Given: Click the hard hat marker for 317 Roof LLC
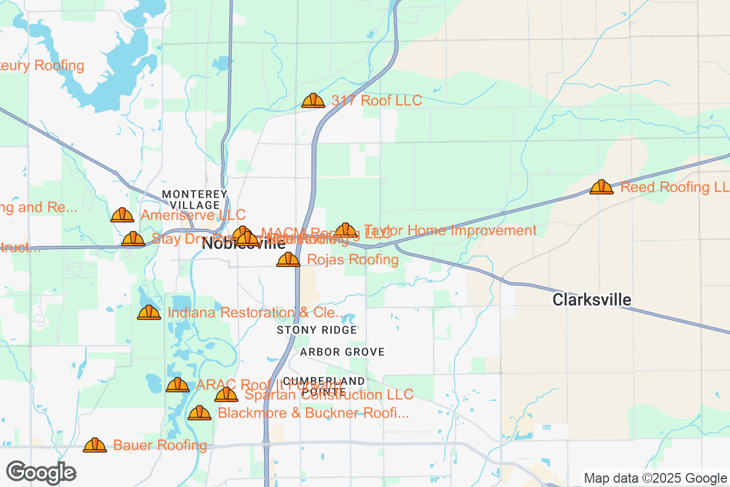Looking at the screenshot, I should point(313,100).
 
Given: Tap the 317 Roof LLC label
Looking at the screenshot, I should point(377,100).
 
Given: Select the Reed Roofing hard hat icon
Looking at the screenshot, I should point(602,187).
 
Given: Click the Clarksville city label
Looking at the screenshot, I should point(591,300).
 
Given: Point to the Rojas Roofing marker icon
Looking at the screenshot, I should point(288,260).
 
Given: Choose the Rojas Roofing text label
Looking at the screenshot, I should point(353,260).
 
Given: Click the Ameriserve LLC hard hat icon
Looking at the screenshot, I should point(122,215).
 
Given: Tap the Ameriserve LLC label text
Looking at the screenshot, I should point(193,215).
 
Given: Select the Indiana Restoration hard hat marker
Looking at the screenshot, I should point(149,313).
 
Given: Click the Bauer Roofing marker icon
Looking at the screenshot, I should point(95,445).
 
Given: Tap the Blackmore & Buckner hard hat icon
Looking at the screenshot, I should point(199,413).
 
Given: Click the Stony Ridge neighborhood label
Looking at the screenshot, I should point(317,330).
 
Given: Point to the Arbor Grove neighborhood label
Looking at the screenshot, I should point(342,352).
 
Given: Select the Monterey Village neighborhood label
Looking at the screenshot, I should point(195,199).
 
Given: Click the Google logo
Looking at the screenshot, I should point(41,472).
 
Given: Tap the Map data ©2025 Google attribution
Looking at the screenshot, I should point(655,478).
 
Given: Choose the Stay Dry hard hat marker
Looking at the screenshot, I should point(133,239).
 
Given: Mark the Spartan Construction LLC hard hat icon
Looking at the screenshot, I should point(226,395).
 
